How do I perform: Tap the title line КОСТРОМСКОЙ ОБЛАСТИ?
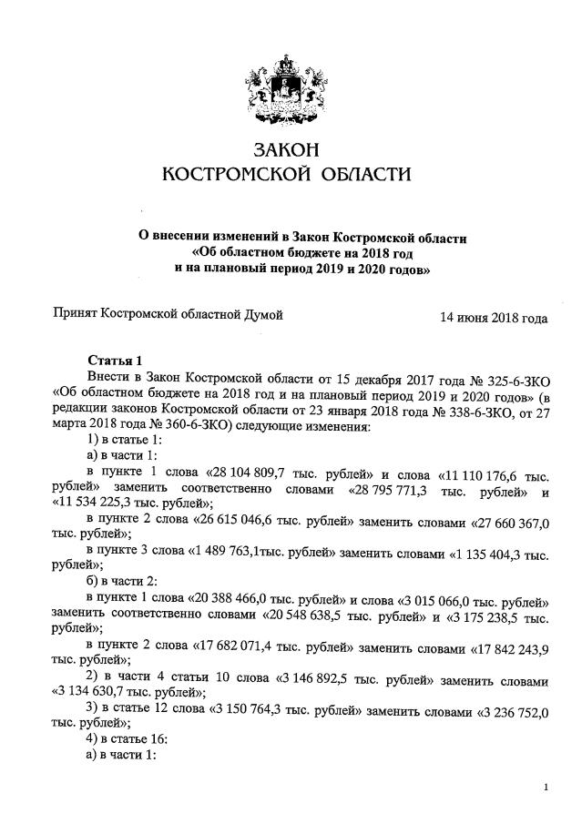(x=286, y=173)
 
